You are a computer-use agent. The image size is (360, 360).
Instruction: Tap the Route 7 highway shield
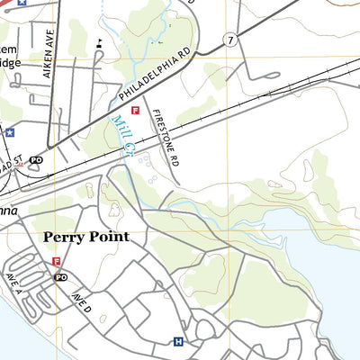click(x=231, y=40)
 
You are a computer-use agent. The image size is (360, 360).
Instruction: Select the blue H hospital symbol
click(x=177, y=341)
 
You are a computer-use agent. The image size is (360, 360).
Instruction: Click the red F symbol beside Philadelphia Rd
click(x=135, y=110)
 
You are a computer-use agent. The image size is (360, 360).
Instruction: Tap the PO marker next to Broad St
click(x=37, y=159)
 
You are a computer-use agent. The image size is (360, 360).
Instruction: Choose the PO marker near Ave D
click(x=61, y=277)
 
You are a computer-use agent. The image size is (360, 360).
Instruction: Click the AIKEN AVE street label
click(x=50, y=65)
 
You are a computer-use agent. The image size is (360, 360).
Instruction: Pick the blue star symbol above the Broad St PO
click(x=10, y=132)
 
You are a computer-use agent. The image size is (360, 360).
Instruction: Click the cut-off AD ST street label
click(x=9, y=166)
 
